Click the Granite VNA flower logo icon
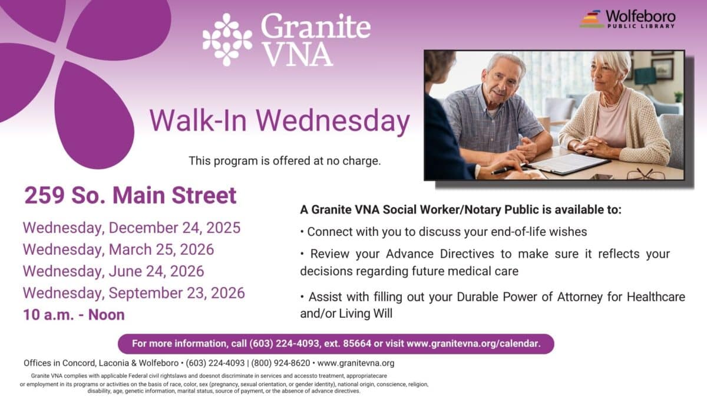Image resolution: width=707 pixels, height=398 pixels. tap(227, 39)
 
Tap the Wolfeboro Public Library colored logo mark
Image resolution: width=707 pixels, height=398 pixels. tap(592, 19)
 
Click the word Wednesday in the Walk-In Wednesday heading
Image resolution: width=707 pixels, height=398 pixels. tap(333, 121)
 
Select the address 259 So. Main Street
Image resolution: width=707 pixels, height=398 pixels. tap(130, 195)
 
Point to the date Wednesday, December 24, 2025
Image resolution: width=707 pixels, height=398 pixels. tap(131, 228)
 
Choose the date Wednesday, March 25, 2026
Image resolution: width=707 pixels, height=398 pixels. tap(118, 249)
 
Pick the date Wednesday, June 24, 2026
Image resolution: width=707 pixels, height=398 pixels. tap(113, 271)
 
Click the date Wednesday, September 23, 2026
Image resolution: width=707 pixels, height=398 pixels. tap(134, 292)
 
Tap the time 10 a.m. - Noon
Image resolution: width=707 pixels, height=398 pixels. tap(74, 314)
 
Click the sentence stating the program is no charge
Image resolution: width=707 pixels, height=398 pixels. tap(285, 160)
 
